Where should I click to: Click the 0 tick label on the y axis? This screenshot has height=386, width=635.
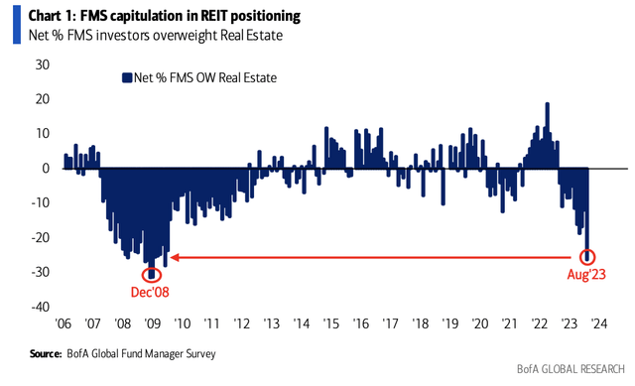tap(46, 169)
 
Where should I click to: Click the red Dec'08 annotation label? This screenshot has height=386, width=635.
tap(151, 294)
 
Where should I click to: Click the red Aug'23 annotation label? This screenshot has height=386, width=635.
tap(587, 275)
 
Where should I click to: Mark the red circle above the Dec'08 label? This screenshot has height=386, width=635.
tap(151, 275)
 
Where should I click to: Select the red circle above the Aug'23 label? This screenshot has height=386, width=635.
tap(587, 256)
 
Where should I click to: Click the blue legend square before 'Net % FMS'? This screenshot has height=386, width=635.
tap(126, 76)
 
